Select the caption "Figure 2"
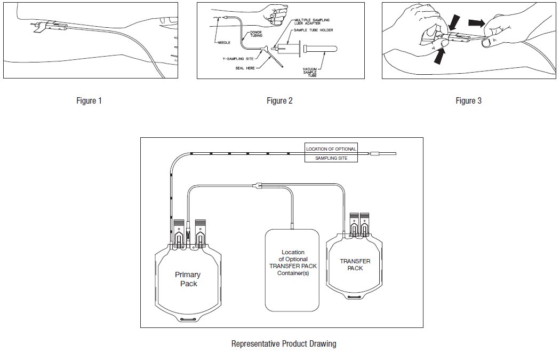pos(279,100)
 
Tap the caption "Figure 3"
pos(469,100)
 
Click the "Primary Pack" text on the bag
pos(188,279)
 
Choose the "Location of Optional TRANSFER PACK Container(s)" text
pos(293,262)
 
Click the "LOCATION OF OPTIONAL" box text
pos(331,148)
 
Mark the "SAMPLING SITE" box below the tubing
pos(331,159)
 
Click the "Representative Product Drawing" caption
pos(284,344)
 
